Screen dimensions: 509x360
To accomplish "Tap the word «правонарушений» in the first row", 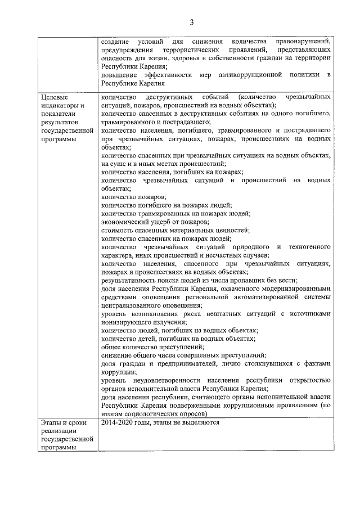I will point(303,42).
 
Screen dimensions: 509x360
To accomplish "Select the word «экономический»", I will point(126,222).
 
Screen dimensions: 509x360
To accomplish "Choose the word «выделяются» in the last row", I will point(201,423).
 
